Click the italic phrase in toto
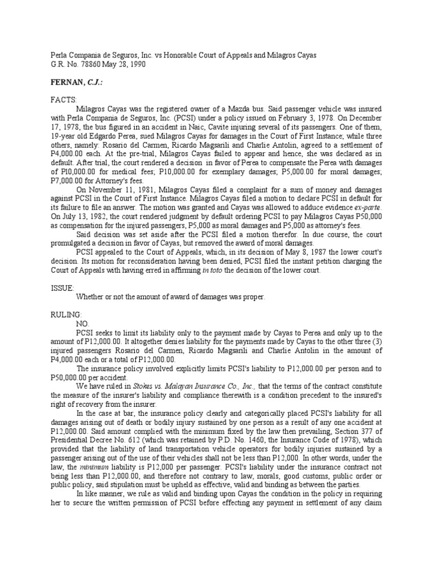pos(213,270)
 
